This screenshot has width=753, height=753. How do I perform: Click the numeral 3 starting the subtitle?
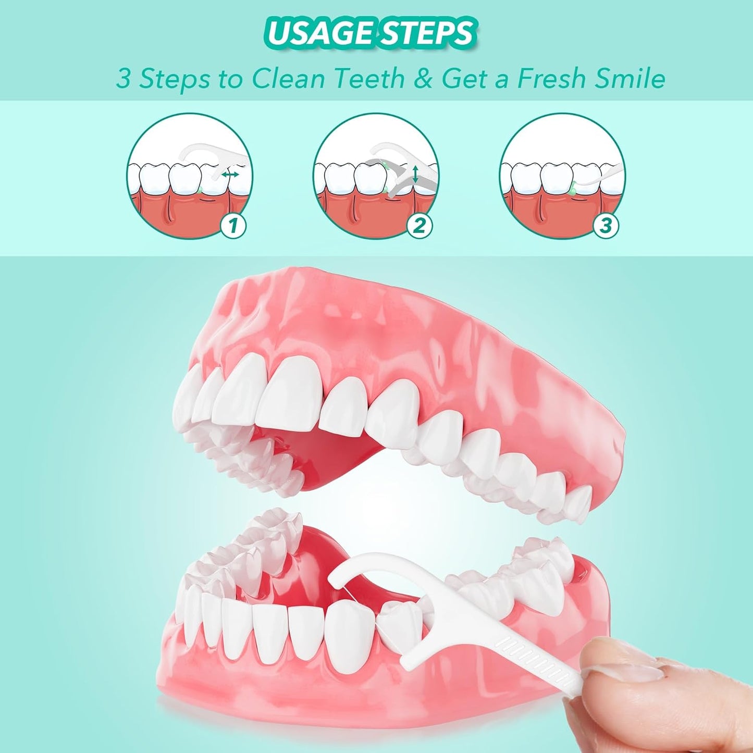(x=122, y=79)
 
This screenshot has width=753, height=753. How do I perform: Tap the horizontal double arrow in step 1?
(x=230, y=175)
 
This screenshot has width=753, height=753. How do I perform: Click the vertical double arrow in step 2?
(x=415, y=174)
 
